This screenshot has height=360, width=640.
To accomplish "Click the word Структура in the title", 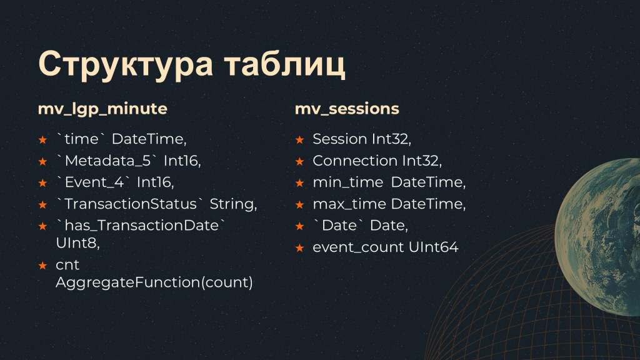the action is (x=125, y=64).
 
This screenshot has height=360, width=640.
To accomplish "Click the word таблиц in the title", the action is (x=285, y=64).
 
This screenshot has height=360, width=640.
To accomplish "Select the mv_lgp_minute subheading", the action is (x=102, y=109).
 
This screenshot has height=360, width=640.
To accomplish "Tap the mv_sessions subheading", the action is (x=347, y=109).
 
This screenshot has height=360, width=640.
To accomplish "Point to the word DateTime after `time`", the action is (x=149, y=139).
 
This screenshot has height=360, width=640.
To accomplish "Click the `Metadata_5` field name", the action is (x=106, y=161).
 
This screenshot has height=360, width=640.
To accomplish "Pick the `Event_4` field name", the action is (x=92, y=182).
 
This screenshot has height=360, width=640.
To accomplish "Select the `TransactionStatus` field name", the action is (x=129, y=204).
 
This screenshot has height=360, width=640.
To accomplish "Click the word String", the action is (x=233, y=204).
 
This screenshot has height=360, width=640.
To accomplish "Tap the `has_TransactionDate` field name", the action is (x=140, y=225).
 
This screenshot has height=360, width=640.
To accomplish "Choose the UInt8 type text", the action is (x=77, y=243).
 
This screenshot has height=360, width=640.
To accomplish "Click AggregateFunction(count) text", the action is (x=154, y=282).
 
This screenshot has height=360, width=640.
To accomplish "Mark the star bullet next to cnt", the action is (x=42, y=266).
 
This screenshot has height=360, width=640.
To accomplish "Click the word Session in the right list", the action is (x=340, y=139).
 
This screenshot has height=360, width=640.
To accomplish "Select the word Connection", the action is (x=355, y=161).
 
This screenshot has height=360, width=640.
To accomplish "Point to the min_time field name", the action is (x=347, y=182).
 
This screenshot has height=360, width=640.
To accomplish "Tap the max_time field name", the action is (x=349, y=204).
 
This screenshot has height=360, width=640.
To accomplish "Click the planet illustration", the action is (x=599, y=237).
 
